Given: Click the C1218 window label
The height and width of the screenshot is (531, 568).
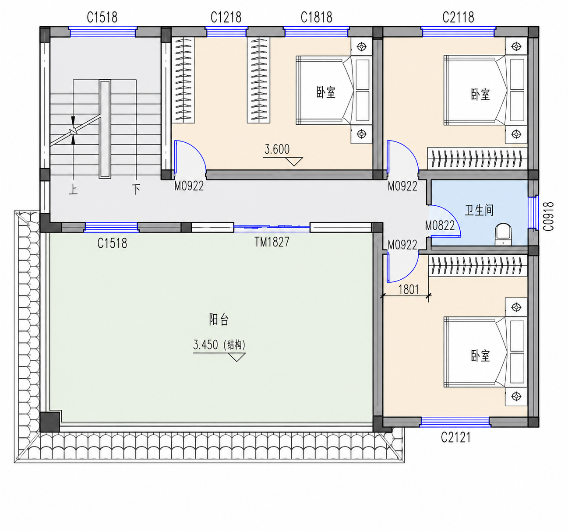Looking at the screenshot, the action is click(226, 18).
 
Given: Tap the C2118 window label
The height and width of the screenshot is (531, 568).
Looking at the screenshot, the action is click(458, 18).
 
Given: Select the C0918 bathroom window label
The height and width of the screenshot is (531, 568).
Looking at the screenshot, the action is click(548, 216).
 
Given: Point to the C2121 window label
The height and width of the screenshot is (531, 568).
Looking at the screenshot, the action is click(455, 437).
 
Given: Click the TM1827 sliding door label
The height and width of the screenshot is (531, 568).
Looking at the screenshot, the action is click(272, 242).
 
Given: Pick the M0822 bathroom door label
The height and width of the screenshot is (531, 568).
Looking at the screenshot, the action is click(440, 226).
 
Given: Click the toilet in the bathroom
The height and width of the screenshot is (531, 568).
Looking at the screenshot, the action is click(503, 234).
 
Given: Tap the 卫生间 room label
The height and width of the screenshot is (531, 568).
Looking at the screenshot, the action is click(480, 210).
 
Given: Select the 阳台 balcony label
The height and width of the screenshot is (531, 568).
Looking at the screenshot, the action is click(219, 320).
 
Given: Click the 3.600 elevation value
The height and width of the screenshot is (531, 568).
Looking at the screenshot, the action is click(277, 149).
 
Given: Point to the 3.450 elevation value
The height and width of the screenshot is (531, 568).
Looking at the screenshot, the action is click(205, 345).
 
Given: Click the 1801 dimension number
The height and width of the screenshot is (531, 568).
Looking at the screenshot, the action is click(409, 290).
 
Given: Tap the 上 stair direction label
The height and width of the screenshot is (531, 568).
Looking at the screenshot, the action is click(73, 190).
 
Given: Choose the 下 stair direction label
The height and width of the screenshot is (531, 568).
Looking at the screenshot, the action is click(136, 189).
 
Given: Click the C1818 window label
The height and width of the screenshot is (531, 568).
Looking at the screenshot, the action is click(316, 18).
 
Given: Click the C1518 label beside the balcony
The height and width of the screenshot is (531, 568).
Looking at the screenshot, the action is click(112, 243).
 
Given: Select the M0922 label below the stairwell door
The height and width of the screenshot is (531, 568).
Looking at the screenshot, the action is click(189, 186).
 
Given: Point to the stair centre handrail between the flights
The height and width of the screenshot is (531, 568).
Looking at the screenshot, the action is click(105, 129).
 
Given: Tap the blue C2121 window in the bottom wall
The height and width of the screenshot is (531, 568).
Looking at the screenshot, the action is click(455, 422).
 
